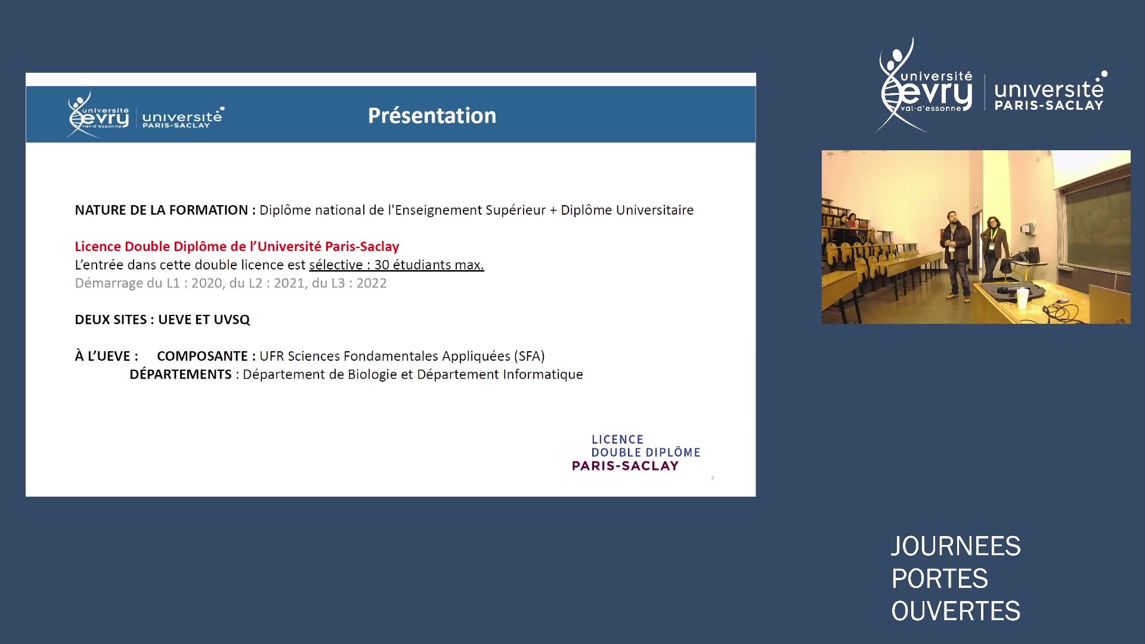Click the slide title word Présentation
click(432, 115)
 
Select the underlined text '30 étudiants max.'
click(429, 265)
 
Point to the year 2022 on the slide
click(372, 283)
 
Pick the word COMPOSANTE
click(202, 356)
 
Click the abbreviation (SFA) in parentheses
click(530, 356)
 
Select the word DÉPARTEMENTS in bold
click(181, 374)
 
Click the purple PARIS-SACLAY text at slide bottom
click(625, 466)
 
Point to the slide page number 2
click(712, 478)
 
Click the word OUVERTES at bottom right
click(955, 611)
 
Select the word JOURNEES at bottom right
click(955, 546)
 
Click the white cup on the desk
click(1023, 298)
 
